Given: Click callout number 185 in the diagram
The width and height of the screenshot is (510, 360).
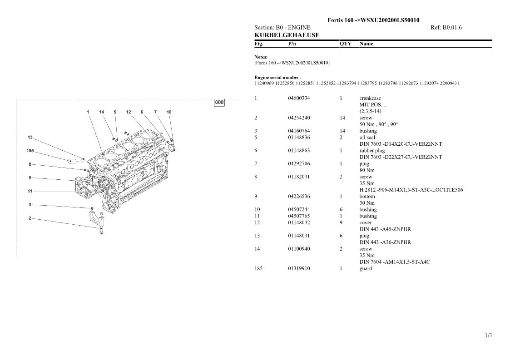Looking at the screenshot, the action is tap(30, 151).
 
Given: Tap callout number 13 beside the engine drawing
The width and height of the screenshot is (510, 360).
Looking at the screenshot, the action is tap(30, 137).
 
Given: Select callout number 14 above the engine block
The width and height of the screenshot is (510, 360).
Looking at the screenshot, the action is tap(102, 112).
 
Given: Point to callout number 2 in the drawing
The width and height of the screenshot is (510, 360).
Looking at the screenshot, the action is tap(30, 218).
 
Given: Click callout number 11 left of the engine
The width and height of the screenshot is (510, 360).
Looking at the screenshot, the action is tap(30, 191).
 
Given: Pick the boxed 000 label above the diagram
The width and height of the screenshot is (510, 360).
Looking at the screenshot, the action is tap(219, 102).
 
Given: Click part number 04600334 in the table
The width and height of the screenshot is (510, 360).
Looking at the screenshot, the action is tap(299, 98).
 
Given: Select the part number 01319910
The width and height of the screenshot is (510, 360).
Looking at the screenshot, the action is tap(299, 269).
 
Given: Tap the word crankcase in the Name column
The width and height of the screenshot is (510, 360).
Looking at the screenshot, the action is tap(370, 98).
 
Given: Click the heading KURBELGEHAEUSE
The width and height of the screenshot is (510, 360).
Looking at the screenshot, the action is tap(287, 35).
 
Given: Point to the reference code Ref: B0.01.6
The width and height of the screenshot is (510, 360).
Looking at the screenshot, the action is tap(446, 28).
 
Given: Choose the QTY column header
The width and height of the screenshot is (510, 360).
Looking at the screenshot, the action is tap(346, 44).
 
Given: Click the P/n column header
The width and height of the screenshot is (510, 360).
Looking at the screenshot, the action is tap(292, 44).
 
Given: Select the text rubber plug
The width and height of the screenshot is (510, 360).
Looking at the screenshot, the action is tap(372, 151).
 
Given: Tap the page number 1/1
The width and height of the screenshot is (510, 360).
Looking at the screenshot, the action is tap(489, 335).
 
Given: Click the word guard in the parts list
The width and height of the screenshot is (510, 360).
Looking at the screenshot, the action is tap(366, 269).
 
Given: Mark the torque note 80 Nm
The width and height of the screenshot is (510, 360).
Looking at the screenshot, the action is tap(367, 170).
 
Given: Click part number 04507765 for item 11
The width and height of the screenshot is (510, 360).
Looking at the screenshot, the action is tap(299, 216).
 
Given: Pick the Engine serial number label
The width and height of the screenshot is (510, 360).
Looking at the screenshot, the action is tap(277, 77).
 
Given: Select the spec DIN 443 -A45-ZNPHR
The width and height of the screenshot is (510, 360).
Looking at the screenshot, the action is tap(385, 229).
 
